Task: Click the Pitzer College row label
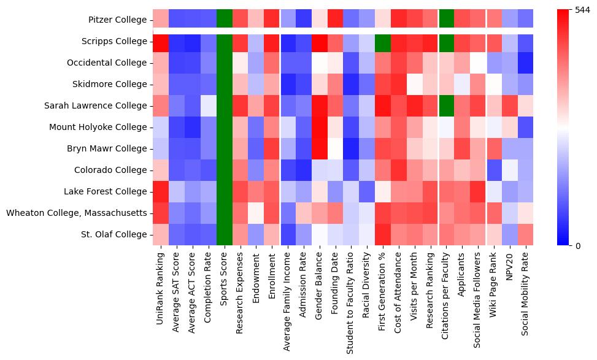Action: pyautogui.click(x=117, y=20)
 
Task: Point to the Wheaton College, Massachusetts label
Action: pyautogui.click(x=77, y=213)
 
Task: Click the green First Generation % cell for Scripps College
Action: pyautogui.click(x=384, y=42)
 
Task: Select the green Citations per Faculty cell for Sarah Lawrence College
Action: pyautogui.click(x=448, y=105)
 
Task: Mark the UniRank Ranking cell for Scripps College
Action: pyautogui.click(x=161, y=42)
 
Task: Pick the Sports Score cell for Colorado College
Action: pyautogui.click(x=225, y=170)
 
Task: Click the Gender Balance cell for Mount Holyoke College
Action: pyautogui.click(x=320, y=127)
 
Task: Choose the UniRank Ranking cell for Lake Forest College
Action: pyautogui.click(x=161, y=191)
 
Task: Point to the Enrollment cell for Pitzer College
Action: pyautogui.click(x=272, y=20)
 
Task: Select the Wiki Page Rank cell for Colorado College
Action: pyautogui.click(x=496, y=170)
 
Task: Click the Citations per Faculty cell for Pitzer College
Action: pyautogui.click(x=448, y=20)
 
